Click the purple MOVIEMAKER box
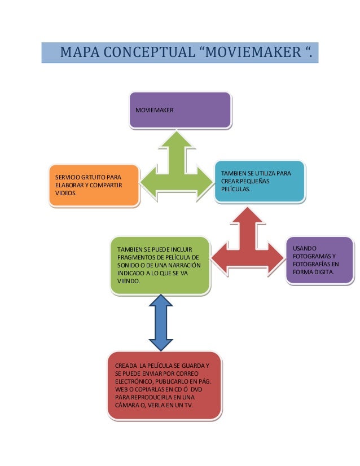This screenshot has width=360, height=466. [x=180, y=109]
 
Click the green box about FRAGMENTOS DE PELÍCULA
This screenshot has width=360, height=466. [x=160, y=265]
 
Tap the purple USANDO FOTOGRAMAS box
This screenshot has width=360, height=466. [x=319, y=261]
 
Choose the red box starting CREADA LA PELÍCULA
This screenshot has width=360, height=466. [x=164, y=386]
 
